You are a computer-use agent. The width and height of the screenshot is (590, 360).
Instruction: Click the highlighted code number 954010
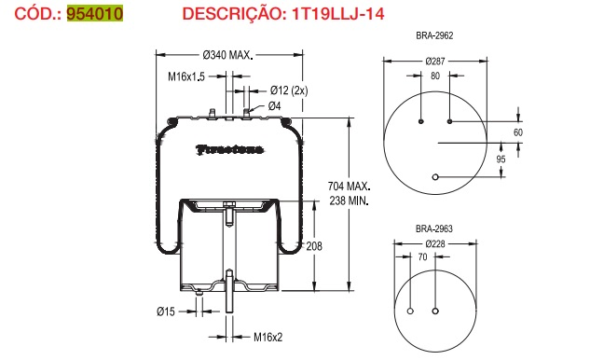[94, 15]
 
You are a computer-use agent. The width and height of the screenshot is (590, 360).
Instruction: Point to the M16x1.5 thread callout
[186, 76]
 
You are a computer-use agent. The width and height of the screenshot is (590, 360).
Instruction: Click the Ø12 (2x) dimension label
[288, 90]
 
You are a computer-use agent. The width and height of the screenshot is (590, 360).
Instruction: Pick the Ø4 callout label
[275, 105]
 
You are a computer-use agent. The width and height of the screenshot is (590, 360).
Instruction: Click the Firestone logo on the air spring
[229, 148]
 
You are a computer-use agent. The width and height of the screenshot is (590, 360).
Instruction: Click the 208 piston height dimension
[314, 246]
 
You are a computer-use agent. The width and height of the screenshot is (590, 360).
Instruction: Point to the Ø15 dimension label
[164, 311]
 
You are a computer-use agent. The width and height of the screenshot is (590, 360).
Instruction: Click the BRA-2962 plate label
[434, 35]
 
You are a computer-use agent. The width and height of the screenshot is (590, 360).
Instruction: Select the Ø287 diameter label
[434, 61]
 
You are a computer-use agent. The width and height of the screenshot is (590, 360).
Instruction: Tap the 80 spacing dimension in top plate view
[434, 76]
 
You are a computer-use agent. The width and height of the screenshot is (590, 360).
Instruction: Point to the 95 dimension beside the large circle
[501, 159]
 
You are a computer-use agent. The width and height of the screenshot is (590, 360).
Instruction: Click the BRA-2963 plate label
[434, 228]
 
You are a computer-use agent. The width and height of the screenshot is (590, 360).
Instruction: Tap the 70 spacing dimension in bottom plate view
[423, 256]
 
